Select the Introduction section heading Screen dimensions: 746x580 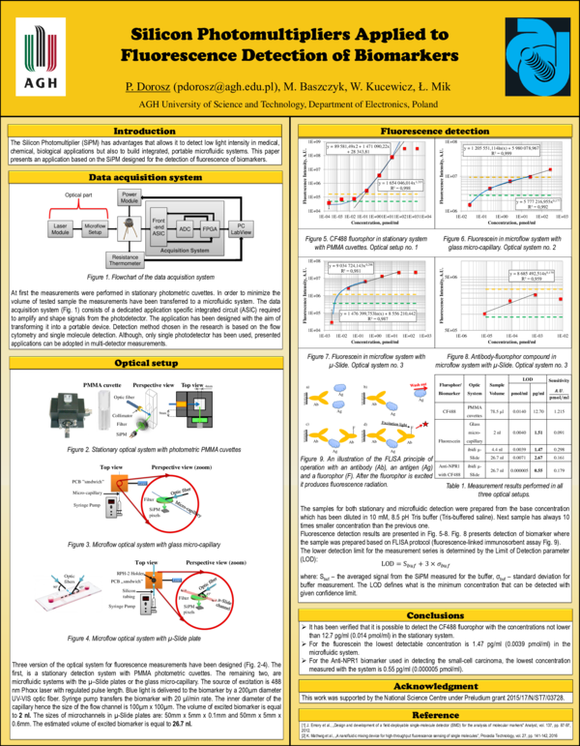145,131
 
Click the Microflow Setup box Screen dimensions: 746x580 94,229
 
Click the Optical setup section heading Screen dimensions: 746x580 145,336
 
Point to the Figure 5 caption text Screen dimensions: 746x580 359,243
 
